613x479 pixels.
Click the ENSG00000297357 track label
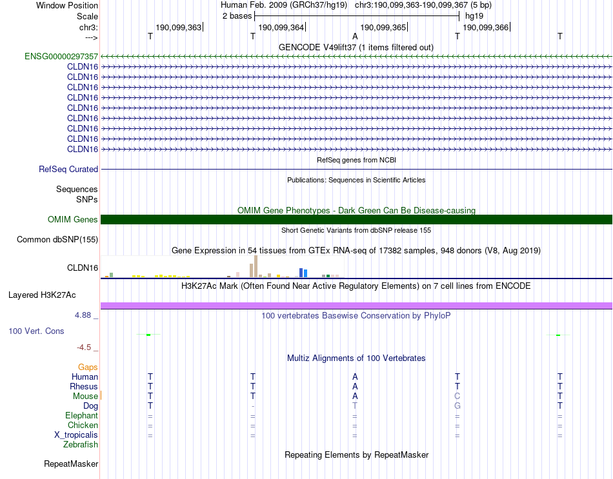point(61,56)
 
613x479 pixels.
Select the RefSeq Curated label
point(68,169)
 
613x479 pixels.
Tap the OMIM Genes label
point(73,219)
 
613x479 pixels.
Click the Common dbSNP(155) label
point(57,239)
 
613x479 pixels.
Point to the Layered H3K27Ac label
point(42,295)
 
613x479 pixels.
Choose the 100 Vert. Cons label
point(36,331)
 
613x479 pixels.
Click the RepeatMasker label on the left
point(71,464)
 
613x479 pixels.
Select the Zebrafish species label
point(81,444)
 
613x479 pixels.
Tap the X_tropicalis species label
point(76,435)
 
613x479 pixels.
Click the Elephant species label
point(81,415)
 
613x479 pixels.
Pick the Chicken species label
point(83,425)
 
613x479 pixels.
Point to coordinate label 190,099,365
point(383,27)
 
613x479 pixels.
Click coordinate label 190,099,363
point(178,27)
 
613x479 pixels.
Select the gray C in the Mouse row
point(457,396)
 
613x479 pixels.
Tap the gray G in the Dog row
point(457,406)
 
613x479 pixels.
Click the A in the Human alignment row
point(355,376)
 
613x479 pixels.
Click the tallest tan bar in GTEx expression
point(256,266)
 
